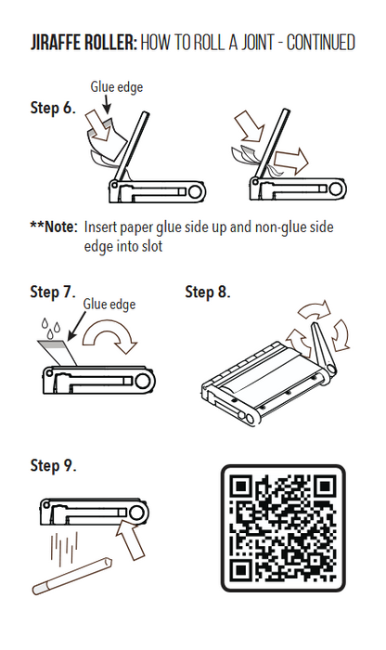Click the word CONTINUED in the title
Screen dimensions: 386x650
click(321, 43)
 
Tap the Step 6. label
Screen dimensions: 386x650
click(53, 108)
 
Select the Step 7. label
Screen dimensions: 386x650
click(53, 292)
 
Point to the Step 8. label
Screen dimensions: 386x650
click(208, 292)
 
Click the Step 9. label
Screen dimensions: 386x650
click(54, 465)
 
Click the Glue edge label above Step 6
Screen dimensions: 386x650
click(117, 87)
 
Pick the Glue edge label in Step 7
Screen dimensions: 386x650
click(109, 305)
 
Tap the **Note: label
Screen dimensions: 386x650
click(54, 227)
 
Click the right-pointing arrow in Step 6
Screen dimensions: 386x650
click(291, 162)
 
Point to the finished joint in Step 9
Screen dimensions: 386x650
click(72, 576)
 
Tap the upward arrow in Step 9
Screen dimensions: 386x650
click(131, 539)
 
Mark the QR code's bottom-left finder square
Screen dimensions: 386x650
click(241, 570)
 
